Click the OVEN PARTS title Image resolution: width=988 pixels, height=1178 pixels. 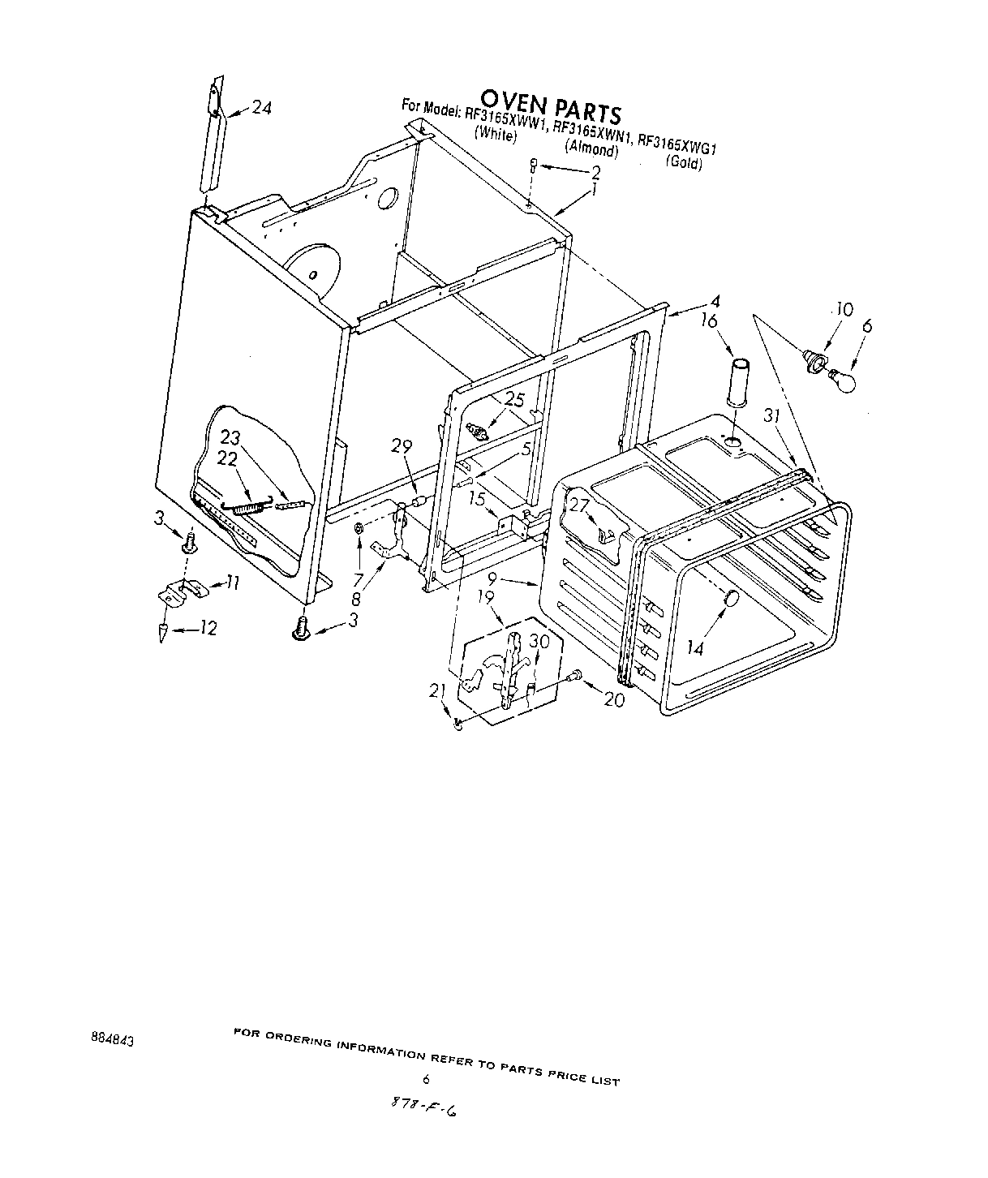pyautogui.click(x=550, y=104)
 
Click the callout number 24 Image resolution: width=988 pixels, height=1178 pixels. pyautogui.click(x=260, y=107)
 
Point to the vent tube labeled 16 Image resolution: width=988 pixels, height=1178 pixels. pyautogui.click(x=740, y=380)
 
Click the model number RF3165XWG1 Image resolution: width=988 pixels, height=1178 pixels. pyautogui.click(x=680, y=144)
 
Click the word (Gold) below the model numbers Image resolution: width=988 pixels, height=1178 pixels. pyautogui.click(x=684, y=162)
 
